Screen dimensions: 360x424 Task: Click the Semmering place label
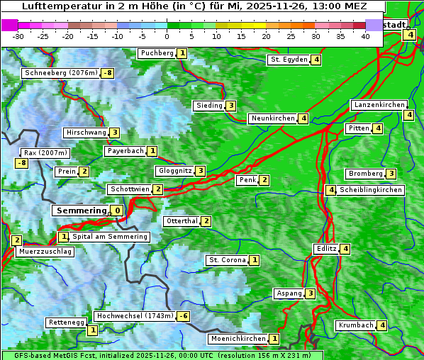coord(80,210)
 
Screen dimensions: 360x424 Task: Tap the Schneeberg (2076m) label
coord(60,73)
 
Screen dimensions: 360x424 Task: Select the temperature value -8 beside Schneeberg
coord(108,73)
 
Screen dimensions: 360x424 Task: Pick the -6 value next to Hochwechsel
coord(183,316)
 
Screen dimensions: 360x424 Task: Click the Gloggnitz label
coord(174,171)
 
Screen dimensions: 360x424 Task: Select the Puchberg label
coord(156,53)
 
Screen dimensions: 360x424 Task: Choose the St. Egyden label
coord(289,60)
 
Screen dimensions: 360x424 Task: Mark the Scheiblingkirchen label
coord(371,190)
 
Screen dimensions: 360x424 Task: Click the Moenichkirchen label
coord(238,339)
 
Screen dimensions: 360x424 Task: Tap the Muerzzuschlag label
coord(45,252)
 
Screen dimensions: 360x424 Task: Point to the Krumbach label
coord(355,325)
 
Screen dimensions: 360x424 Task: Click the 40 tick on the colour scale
coord(365,36)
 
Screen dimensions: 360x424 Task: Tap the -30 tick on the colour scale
coord(18,36)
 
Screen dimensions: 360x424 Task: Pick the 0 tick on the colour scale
coord(167,36)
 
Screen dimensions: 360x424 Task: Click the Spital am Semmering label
coord(110,237)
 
